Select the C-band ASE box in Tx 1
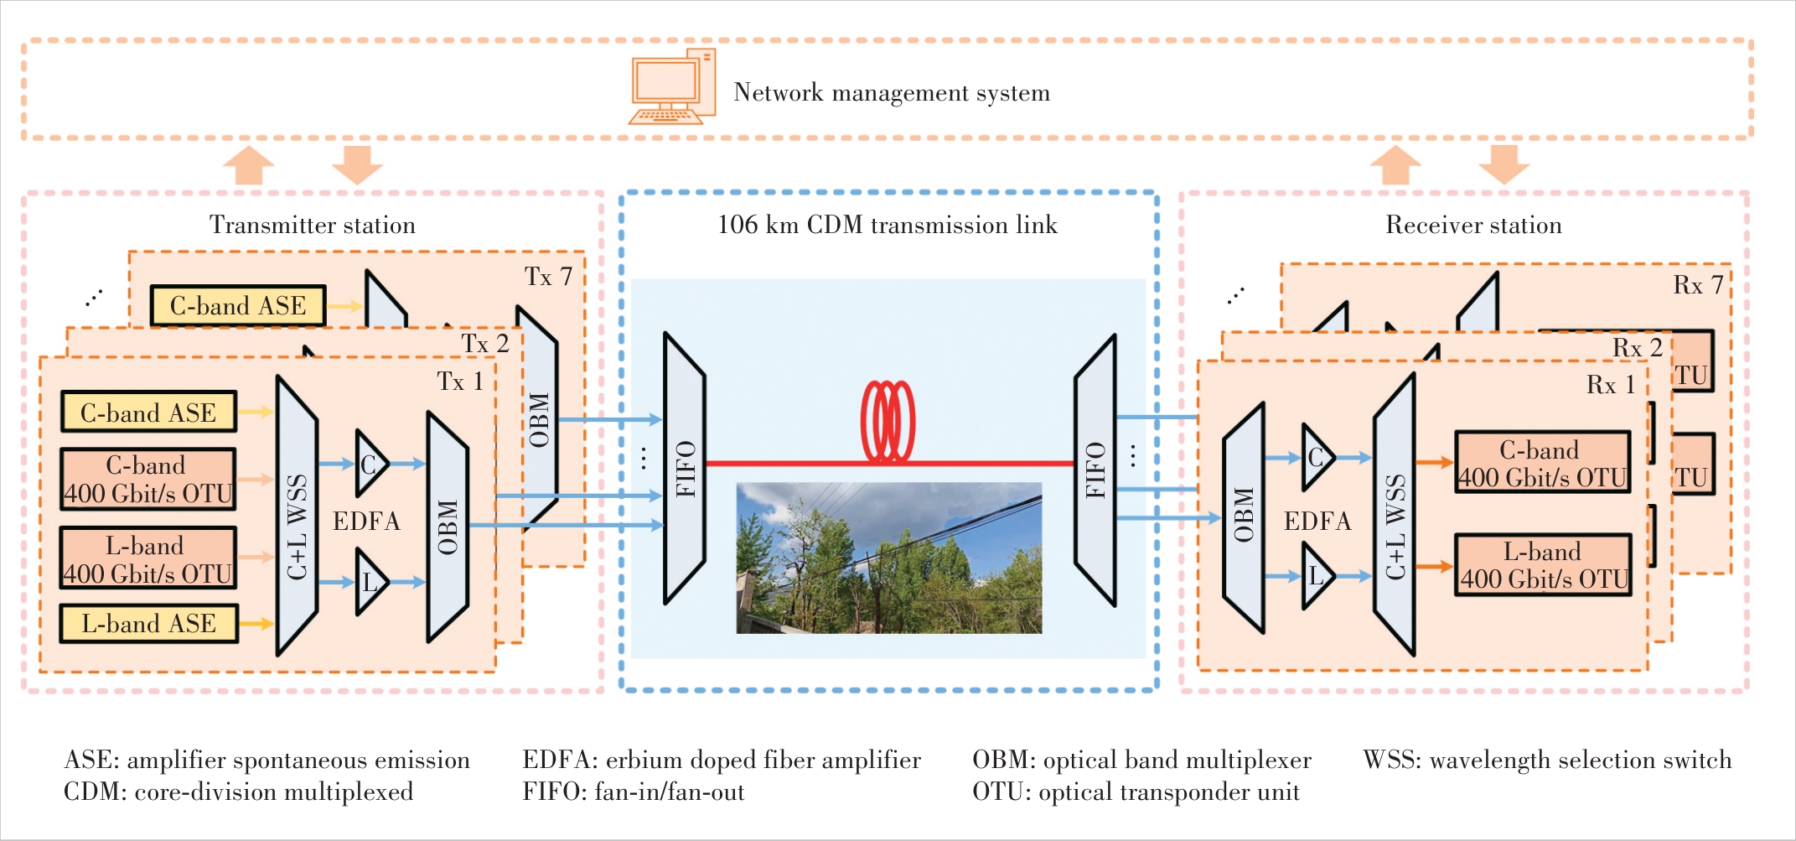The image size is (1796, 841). [x=148, y=412]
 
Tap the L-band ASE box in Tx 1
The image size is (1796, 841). [x=148, y=624]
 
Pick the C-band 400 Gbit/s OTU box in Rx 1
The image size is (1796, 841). [x=1542, y=463]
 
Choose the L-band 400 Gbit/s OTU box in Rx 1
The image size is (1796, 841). [x=1542, y=565]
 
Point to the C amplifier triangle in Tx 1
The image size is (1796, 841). [x=370, y=464]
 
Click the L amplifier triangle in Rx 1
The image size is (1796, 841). [x=1315, y=576]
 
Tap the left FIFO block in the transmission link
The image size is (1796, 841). [x=685, y=468]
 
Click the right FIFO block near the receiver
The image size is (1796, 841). [x=1095, y=470]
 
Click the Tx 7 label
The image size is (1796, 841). [x=548, y=277]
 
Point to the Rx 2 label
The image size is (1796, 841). [x=1637, y=348]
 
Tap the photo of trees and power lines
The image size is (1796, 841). [x=888, y=558]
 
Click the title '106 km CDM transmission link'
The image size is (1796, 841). [x=887, y=225]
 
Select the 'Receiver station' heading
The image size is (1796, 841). [x=1473, y=225]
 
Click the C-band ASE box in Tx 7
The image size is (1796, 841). [x=238, y=306]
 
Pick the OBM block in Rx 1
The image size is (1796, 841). [x=1244, y=517]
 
